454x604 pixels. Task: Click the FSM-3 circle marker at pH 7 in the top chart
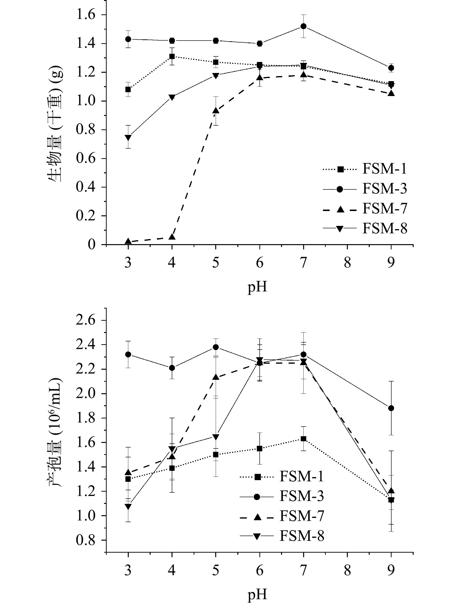tap(303, 26)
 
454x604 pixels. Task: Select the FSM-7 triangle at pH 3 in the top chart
tap(128, 241)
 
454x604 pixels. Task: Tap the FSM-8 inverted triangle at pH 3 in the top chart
tap(128, 137)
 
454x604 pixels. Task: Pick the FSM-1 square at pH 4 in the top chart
tap(172, 56)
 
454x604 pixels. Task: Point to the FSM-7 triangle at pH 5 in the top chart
tap(216, 111)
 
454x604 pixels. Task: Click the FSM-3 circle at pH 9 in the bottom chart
tap(391, 408)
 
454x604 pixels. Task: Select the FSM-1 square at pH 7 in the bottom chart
tap(303, 439)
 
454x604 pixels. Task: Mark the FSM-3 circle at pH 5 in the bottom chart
tap(216, 347)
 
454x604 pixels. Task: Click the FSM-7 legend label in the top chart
tap(385, 209)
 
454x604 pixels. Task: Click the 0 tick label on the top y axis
tap(92, 245)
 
